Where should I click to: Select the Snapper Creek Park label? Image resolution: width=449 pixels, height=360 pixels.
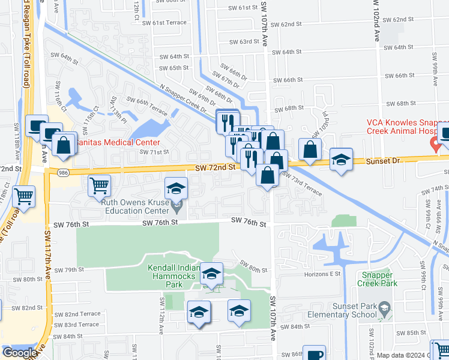coord(378,279)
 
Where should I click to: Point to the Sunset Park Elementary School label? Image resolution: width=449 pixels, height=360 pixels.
coord(341,310)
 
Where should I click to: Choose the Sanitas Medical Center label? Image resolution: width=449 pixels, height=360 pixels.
coord(122,142)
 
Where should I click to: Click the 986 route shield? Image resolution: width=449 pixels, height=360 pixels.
coord(63,172)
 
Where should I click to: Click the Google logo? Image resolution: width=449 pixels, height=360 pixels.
coord(19,353)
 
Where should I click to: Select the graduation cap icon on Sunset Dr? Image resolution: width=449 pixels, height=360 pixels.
coord(341,160)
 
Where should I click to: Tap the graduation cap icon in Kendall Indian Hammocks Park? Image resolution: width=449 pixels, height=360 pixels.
coord(211,274)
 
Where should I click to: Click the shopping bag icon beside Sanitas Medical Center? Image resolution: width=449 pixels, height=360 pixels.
coord(64,144)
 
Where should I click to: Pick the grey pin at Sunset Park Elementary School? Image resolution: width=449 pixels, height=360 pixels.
coord(384,309)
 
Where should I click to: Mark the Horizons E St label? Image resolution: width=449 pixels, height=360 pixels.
coord(322,274)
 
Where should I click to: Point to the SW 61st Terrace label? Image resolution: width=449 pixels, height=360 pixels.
coord(169,23)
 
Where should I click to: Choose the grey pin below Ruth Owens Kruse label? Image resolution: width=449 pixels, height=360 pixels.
coord(176,208)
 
